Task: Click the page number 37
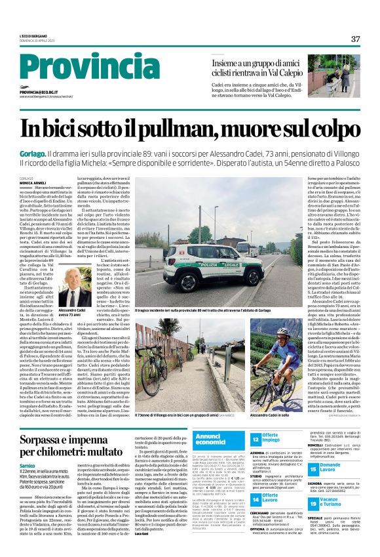(x=355, y=39)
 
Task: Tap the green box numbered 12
(x=256, y=440)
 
